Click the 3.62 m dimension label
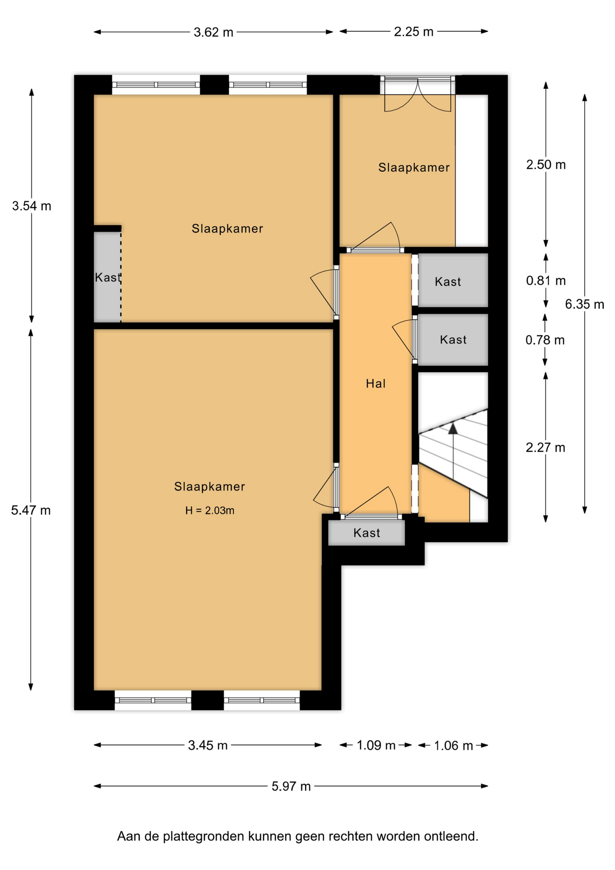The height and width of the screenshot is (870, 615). pos(213,32)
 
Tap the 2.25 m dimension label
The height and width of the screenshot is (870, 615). pos(413,32)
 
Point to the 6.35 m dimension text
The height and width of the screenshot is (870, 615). pos(584,304)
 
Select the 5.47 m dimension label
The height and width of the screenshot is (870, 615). pos(31,510)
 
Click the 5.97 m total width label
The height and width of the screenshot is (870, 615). pos(291,786)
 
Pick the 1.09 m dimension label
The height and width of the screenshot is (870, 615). pos(376,745)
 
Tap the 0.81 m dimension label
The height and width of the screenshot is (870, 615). pos(546,280)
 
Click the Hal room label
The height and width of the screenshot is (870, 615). pos(375,384)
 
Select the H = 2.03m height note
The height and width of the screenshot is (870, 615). pos(210,511)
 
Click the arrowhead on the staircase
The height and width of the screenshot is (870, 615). pos(453,428)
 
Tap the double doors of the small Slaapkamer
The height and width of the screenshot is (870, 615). pos(418,94)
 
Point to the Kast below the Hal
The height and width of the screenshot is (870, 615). pos(366,533)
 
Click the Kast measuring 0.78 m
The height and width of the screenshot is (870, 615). pos(453,340)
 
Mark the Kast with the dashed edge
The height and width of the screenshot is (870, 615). pos(107,277)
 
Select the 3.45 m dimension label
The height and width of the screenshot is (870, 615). pos(208,745)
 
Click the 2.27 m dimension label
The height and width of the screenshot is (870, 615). pos(545,448)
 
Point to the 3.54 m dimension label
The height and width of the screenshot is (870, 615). pos(32,206)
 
